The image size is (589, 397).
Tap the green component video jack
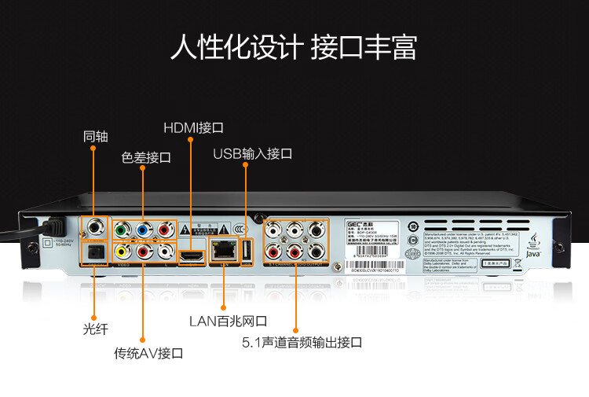click(122, 231)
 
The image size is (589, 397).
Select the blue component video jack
click(143, 231)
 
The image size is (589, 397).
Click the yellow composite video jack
click(122, 252)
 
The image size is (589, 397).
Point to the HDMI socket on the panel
click(191, 255)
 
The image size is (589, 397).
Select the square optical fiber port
click(96, 252)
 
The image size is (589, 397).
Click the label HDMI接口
click(194, 127)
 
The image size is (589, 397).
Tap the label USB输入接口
click(252, 154)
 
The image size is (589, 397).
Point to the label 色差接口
click(146, 157)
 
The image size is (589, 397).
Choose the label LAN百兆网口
click(229, 321)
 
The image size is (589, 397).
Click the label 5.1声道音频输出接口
click(302, 343)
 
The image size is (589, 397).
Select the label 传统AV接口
click(148, 353)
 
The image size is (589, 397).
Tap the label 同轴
click(96, 136)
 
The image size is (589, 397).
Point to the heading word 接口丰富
click(364, 46)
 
